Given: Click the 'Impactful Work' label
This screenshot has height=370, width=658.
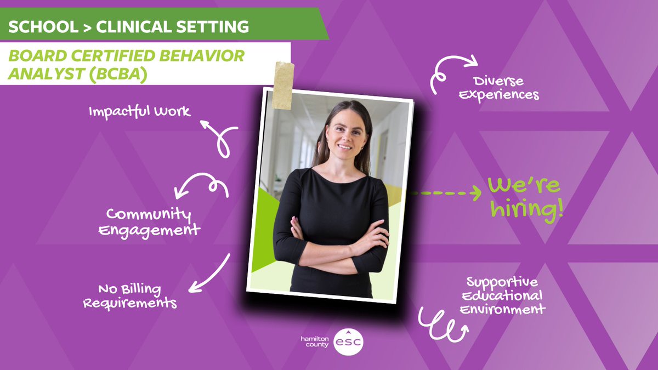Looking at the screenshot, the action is coord(140,111).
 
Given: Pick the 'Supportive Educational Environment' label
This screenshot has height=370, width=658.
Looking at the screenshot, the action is coord(504,296).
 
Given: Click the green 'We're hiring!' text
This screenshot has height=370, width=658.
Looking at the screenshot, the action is coord(525,197).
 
